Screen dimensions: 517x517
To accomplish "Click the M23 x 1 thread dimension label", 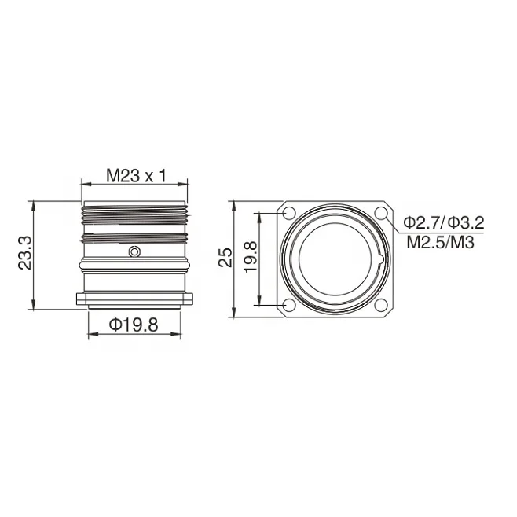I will pos(136,177).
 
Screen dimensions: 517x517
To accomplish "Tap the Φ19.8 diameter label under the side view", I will pos(134,324).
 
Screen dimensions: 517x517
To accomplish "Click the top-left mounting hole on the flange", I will pos(288,213).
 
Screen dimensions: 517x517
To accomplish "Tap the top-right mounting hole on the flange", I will pos(381,213).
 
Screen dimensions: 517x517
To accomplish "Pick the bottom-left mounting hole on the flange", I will pos(288,305).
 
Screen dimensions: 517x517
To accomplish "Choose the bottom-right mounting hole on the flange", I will pos(381,305).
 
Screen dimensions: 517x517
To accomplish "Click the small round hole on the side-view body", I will pos(135,251).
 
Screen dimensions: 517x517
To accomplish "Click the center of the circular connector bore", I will pos(335,258).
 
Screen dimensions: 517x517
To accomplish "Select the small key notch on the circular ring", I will pos(379,258).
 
